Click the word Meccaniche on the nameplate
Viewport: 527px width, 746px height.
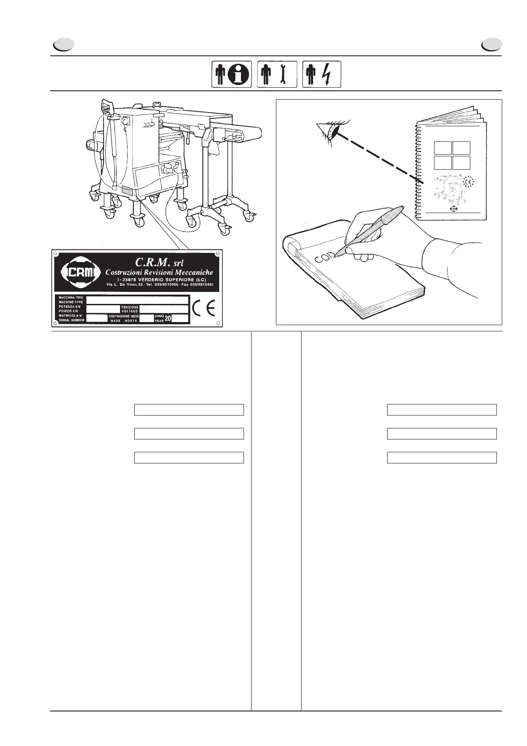(x=189, y=272)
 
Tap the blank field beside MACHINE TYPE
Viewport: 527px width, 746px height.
(x=137, y=300)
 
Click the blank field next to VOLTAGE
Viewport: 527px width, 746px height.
(x=164, y=309)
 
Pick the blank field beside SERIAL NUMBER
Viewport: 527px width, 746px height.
(x=97, y=318)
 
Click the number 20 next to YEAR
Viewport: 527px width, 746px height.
(x=168, y=319)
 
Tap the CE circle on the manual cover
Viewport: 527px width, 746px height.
(x=468, y=182)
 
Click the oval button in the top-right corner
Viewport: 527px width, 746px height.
(x=492, y=45)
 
